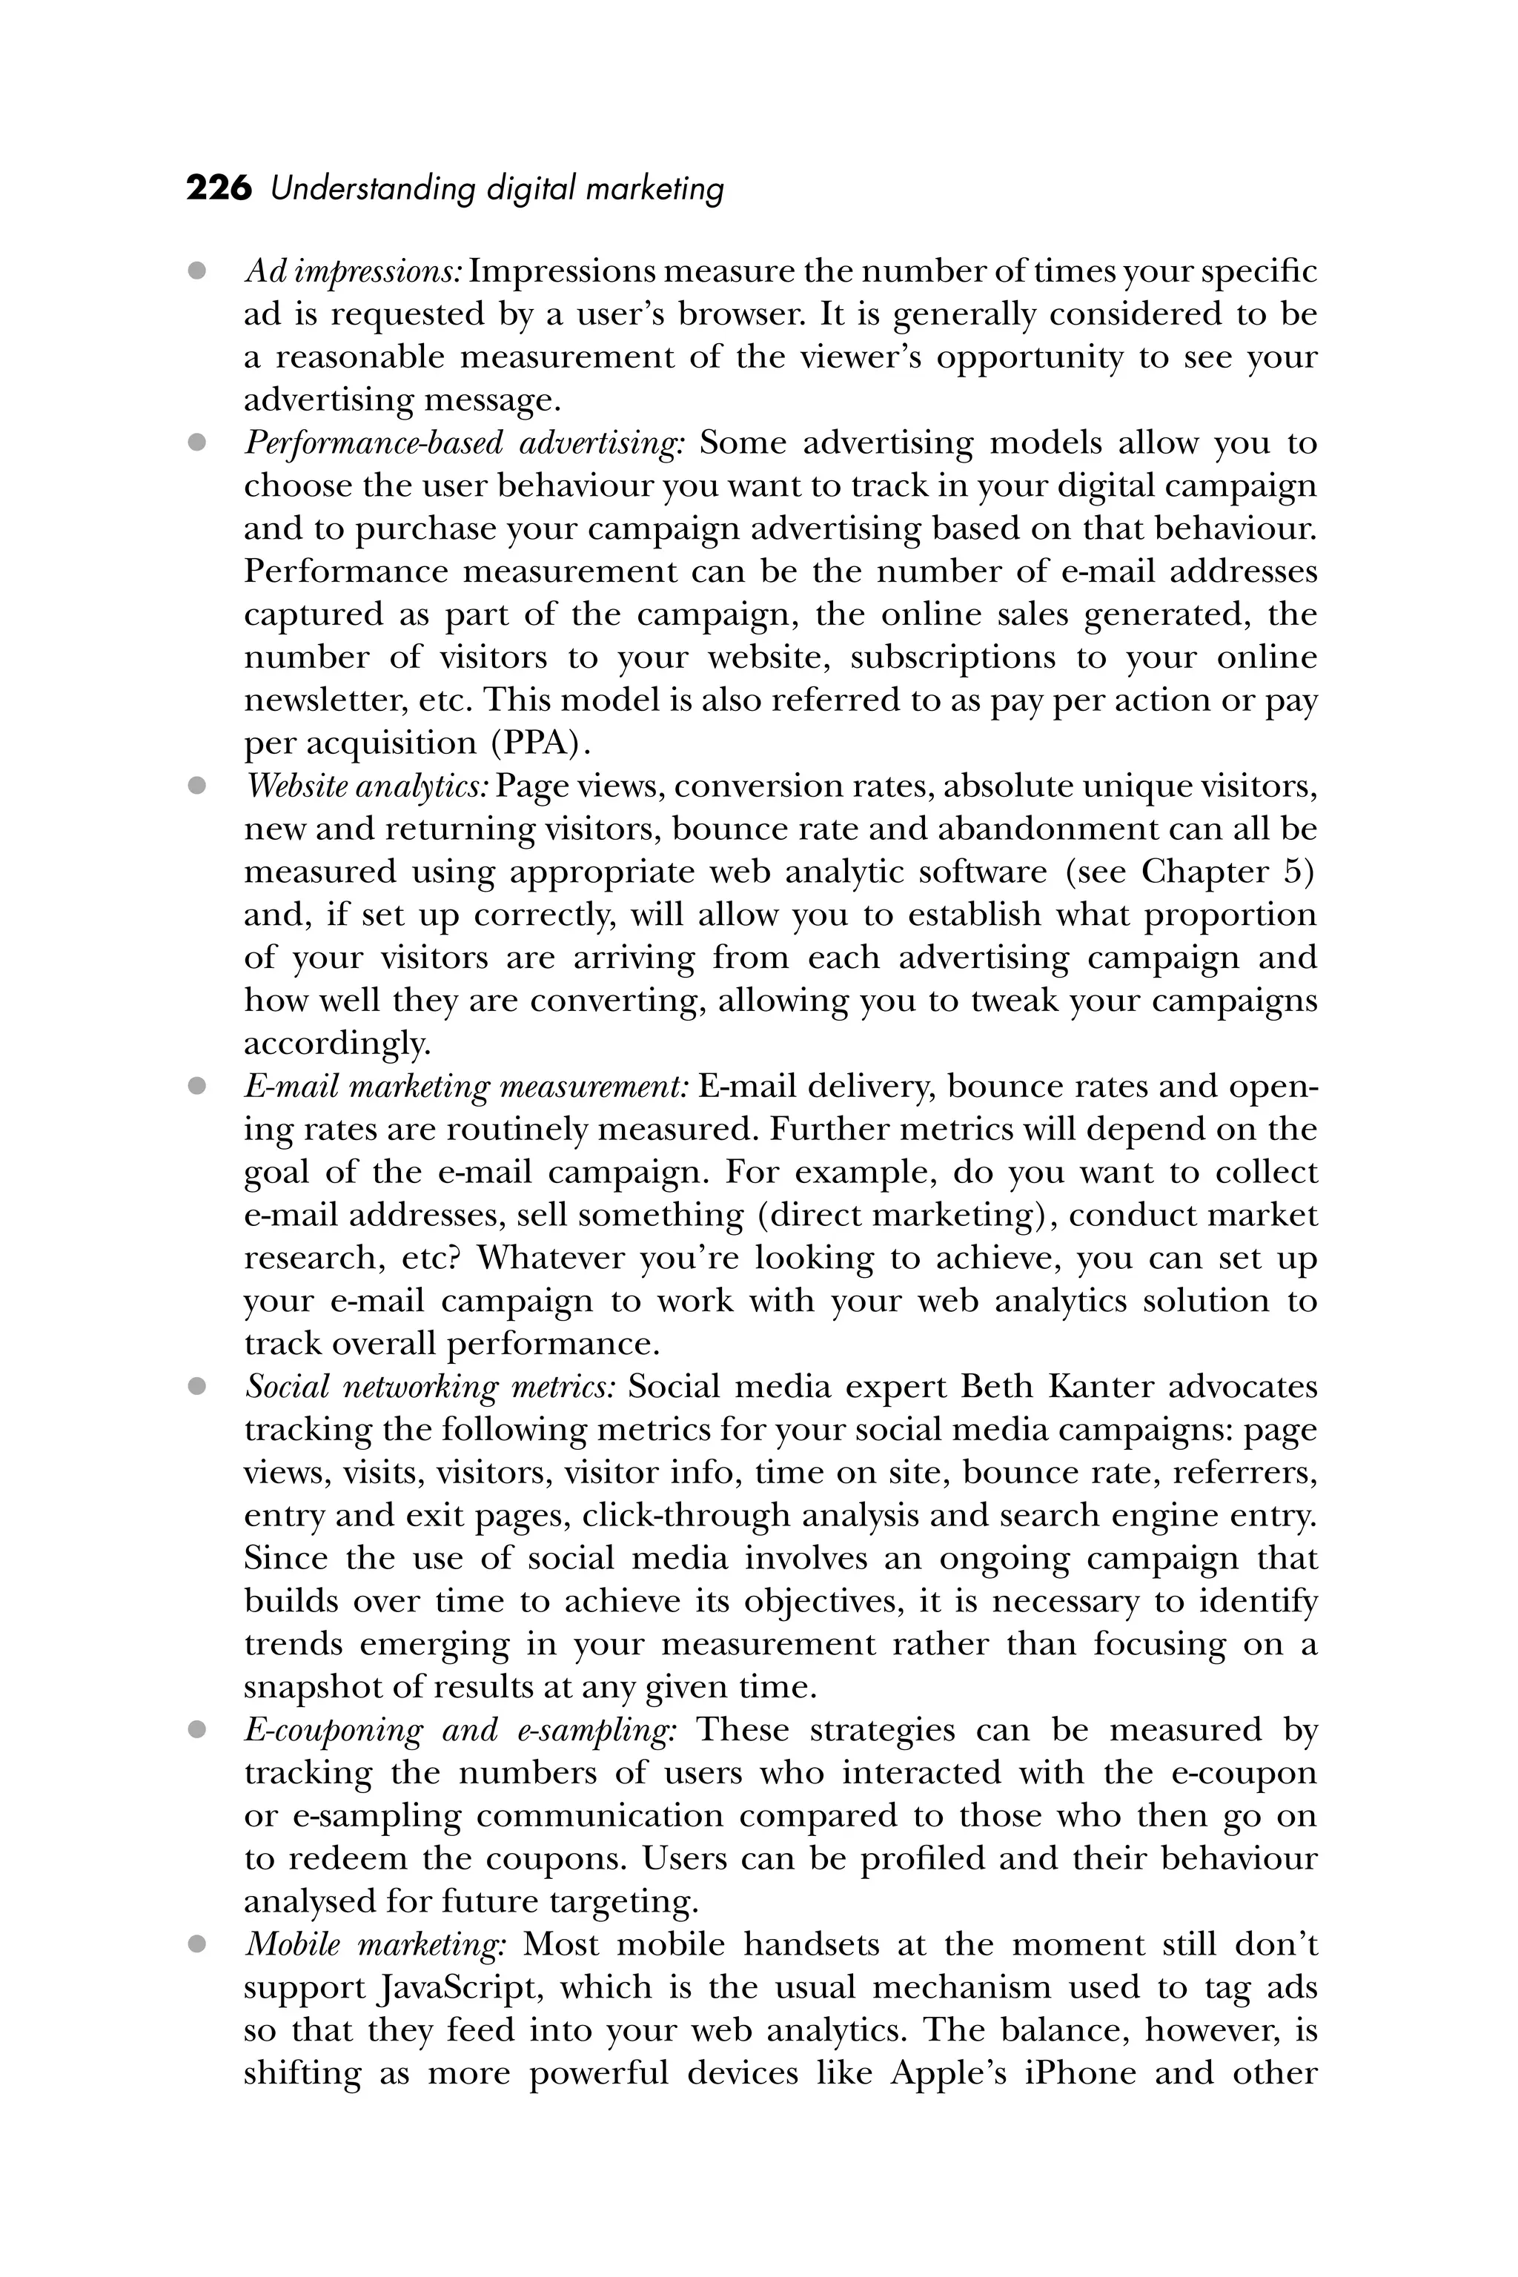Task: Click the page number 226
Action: click(x=218, y=189)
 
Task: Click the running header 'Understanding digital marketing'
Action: click(x=497, y=189)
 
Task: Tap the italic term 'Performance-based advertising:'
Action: click(x=464, y=443)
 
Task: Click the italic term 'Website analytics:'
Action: click(x=366, y=787)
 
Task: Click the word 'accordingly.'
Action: click(x=336, y=1044)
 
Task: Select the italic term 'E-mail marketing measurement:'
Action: click(x=465, y=1087)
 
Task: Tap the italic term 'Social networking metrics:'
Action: click(x=430, y=1388)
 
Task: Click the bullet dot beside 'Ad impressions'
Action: click(x=197, y=272)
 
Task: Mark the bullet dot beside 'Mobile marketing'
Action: click(x=197, y=1944)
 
